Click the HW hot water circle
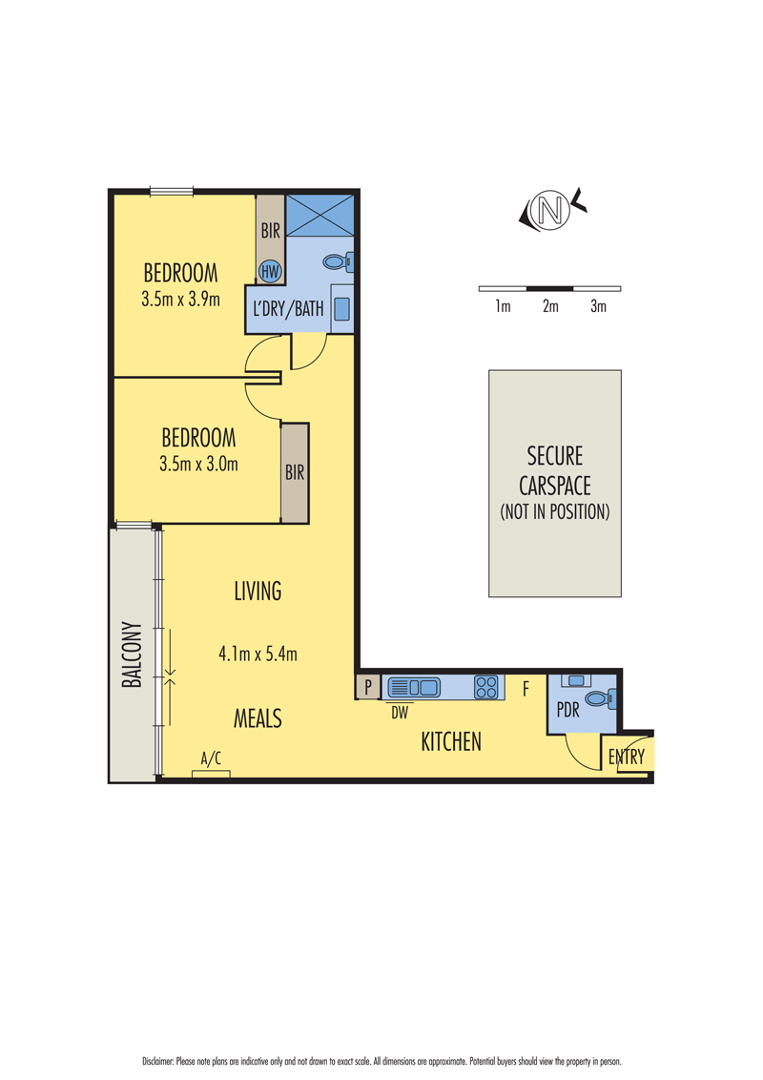[270, 271]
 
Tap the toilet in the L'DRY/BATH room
[339, 261]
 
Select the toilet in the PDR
[601, 699]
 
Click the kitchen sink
[414, 687]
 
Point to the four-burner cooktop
[485, 687]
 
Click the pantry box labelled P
[368, 687]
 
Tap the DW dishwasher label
[400, 713]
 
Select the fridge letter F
[526, 688]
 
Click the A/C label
[211, 758]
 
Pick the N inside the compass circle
[549, 209]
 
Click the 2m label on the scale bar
[550, 306]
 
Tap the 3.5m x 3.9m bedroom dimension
[180, 299]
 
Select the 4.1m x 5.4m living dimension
[258, 653]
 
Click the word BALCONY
[132, 654]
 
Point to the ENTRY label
[626, 757]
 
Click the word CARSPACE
[554, 486]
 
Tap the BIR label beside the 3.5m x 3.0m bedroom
[295, 472]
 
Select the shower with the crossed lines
[320, 216]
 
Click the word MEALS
[258, 718]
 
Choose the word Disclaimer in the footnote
[157, 1062]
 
